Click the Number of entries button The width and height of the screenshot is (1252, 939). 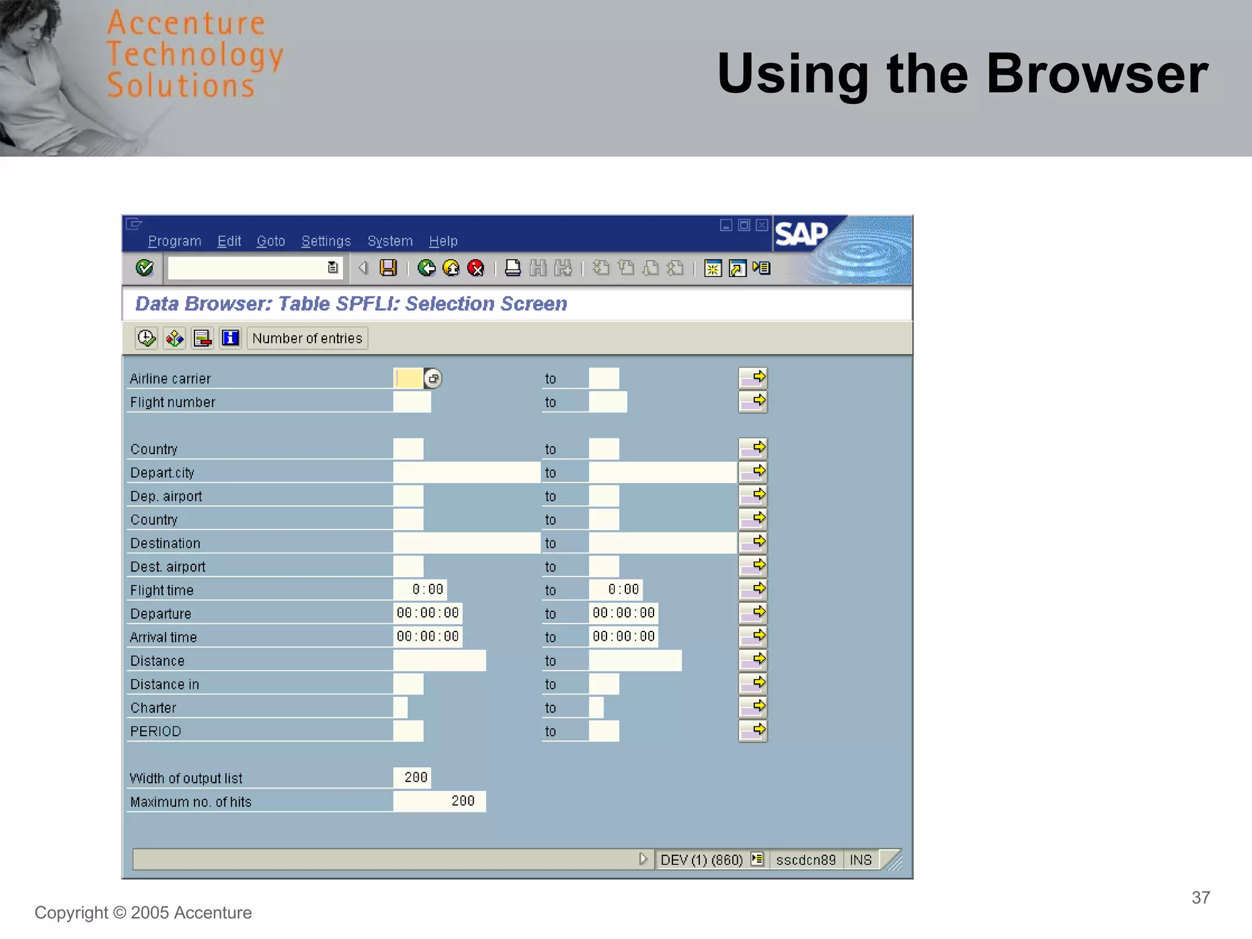point(307,338)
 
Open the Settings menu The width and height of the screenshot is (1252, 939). point(326,241)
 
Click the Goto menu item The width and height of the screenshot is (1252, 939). point(270,241)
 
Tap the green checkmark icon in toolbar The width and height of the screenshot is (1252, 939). point(144,268)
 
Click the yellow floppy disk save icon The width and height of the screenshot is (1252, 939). point(388,268)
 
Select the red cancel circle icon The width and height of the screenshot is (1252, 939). point(475,268)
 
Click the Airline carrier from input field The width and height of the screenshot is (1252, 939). point(408,378)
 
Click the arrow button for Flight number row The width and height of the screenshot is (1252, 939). point(753,402)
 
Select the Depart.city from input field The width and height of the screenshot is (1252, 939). point(466,473)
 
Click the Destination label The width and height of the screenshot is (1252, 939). point(165,543)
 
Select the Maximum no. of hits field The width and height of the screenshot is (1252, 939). point(439,801)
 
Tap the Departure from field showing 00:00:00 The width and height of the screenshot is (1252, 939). point(427,613)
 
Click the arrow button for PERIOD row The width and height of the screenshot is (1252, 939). point(753,731)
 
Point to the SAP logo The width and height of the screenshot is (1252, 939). point(801,234)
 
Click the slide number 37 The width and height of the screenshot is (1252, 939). point(1200,897)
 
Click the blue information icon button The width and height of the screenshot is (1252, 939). point(230,338)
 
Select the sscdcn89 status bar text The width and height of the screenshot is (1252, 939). point(805,860)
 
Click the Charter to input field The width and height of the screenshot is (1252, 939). point(596,707)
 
